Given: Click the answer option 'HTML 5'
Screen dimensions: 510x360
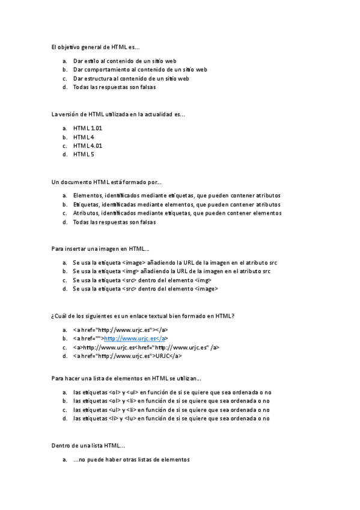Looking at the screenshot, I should tap(84, 155).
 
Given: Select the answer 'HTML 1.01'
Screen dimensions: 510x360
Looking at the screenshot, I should tap(88, 128).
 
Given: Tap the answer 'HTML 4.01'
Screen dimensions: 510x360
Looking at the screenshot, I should tap(88, 146).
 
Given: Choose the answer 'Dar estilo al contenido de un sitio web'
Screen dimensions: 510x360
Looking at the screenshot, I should tap(124, 61).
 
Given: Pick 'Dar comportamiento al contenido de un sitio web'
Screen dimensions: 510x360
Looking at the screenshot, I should tap(140, 70).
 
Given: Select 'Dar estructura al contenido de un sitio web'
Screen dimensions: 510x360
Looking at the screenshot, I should tap(131, 78).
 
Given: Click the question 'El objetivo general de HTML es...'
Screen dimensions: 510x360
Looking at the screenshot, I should tap(96, 46).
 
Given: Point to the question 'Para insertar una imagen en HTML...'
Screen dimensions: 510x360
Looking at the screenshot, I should tap(100, 248).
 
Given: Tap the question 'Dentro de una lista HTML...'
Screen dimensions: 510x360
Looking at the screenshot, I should tap(88, 446).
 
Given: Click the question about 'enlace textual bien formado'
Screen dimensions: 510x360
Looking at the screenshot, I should tap(142, 316).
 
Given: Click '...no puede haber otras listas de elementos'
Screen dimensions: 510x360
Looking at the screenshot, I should tap(131, 460).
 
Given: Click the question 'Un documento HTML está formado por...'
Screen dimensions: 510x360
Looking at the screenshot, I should tap(106, 182).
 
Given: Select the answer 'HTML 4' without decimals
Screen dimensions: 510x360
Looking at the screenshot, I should tap(84, 137).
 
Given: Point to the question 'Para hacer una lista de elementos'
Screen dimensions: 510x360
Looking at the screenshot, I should tap(126, 378).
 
